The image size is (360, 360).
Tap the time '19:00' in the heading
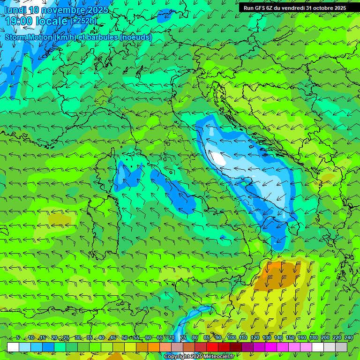point(20,21)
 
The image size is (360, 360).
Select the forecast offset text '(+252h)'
point(83,21)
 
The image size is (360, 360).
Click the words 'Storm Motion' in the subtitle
point(28,37)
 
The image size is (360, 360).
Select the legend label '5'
point(18,338)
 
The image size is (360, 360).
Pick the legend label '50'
point(124,338)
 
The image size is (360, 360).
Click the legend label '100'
point(231,338)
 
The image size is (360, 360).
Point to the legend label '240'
point(349,338)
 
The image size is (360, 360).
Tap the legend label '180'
point(313,338)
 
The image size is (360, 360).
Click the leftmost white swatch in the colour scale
point(13,347)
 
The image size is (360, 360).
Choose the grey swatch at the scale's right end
point(341,347)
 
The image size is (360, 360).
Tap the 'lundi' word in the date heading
point(14,10)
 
